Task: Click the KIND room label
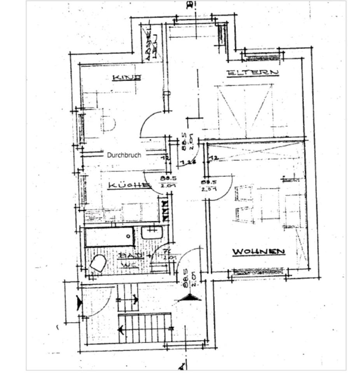[x=127, y=78]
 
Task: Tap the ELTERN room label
[x=253, y=72]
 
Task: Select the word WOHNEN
[x=259, y=252]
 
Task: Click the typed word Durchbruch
[x=124, y=155]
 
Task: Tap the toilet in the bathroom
[x=98, y=263]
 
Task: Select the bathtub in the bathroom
[x=110, y=237]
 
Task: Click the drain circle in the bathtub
[x=128, y=236]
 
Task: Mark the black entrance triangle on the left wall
[x=80, y=303]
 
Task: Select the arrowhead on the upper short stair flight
[x=135, y=300]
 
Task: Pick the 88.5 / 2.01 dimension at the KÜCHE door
[x=168, y=181]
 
